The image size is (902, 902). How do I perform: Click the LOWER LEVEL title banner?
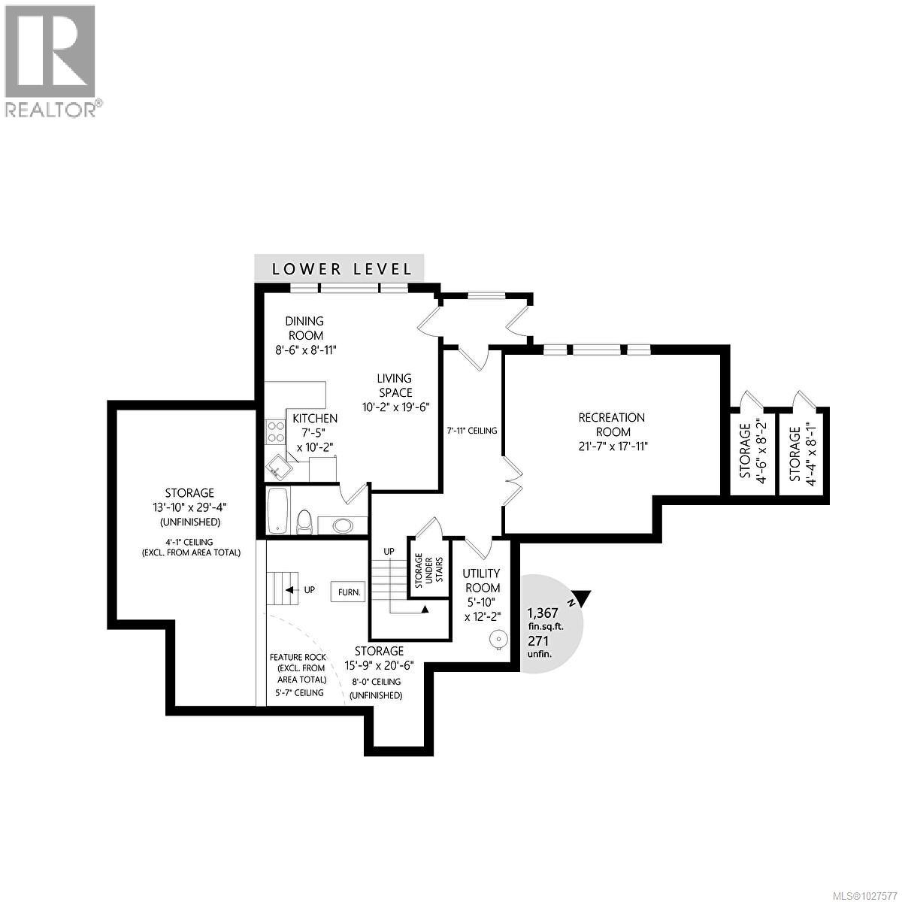pos(341,268)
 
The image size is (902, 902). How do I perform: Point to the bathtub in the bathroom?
pos(277,511)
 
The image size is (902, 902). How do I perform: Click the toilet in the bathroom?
pos(304,520)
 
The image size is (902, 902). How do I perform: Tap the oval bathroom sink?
pos(343,525)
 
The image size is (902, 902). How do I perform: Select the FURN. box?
pos(350,592)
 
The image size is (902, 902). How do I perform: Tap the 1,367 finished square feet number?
pos(543,612)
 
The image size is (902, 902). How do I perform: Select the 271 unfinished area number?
pos(538,640)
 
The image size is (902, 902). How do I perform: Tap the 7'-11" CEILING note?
pos(472,431)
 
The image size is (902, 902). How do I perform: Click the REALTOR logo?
pos(51,60)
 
